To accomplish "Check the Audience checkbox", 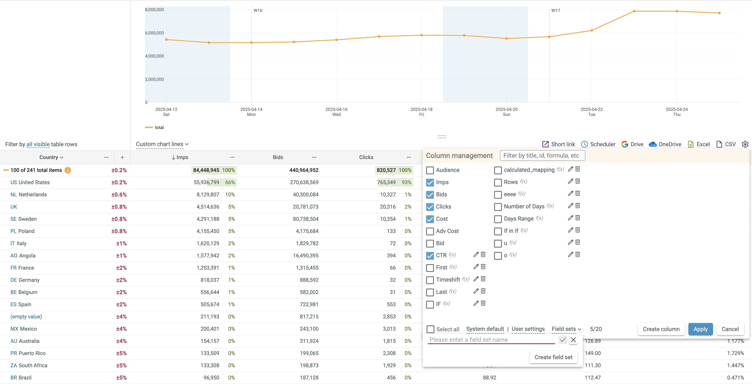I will [430, 170].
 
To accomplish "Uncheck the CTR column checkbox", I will [430, 255].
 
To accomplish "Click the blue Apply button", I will [700, 329].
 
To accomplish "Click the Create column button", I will [661, 329].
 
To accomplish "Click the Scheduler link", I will [598, 144].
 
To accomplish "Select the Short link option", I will [559, 144].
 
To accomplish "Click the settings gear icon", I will [745, 144].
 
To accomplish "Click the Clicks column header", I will [366, 157].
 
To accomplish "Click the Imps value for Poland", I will [208, 231].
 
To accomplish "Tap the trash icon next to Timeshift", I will [483, 279].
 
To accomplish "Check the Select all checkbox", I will [430, 329].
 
